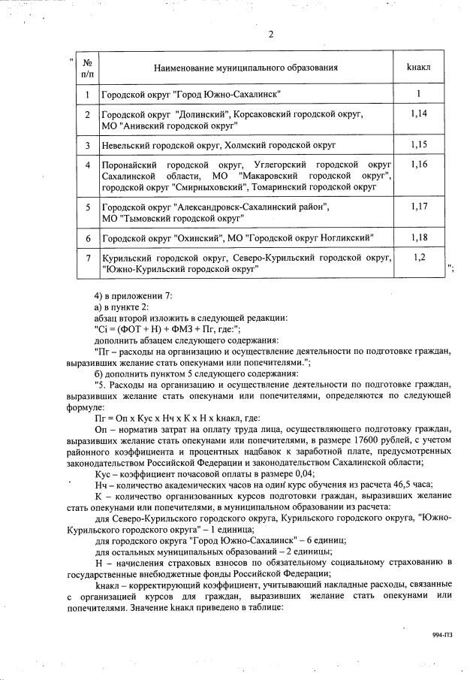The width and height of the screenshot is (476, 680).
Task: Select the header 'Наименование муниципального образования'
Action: tap(246, 68)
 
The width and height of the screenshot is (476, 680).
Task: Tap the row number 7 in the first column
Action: tap(87, 258)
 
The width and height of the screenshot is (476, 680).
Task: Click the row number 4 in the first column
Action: tap(87, 164)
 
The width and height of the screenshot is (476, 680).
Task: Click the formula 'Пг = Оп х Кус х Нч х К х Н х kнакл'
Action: tap(176, 417)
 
